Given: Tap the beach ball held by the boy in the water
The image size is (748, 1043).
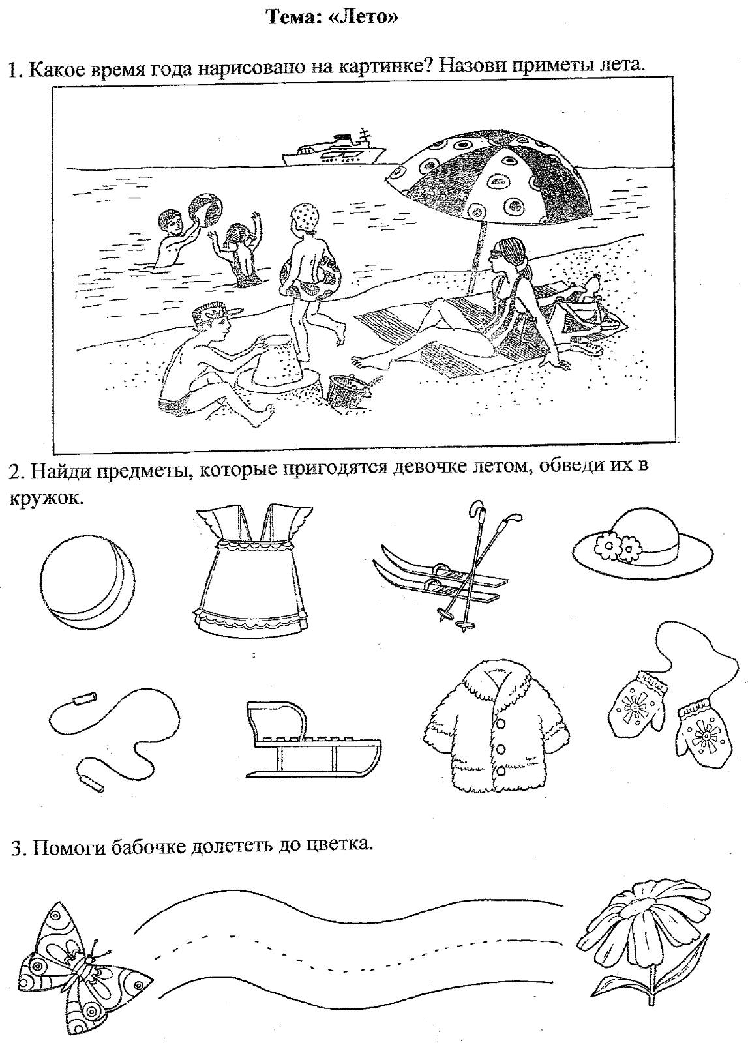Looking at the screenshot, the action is point(205,211).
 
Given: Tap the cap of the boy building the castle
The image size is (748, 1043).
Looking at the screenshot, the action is point(217,311).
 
